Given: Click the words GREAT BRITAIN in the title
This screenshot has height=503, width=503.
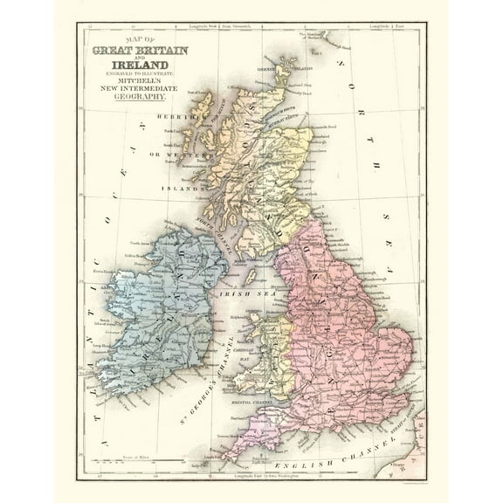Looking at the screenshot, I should coord(143,49).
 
